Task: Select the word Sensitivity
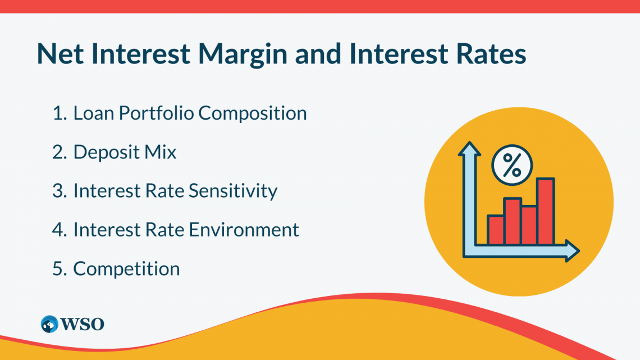coord(232,191)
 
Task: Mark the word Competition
coord(126,268)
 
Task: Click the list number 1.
coord(58,113)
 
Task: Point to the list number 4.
coord(59,230)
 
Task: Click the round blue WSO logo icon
coord(49,324)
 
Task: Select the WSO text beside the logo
coord(83,324)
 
